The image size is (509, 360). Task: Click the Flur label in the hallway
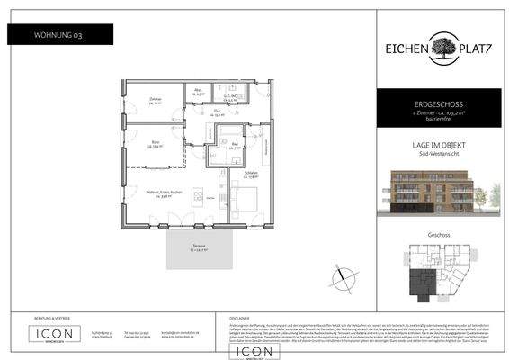coord(216,113)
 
